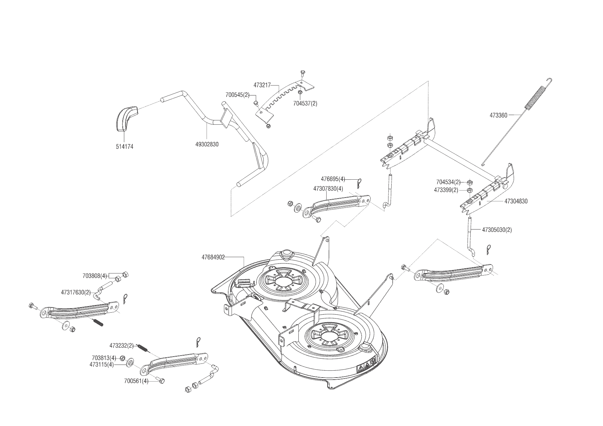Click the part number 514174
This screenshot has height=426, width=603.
coord(124,147)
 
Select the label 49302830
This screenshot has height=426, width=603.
coord(207,145)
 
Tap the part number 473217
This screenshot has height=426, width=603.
coord(262,85)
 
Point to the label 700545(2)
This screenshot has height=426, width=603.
coord(238,95)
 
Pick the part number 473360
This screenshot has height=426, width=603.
coord(498,115)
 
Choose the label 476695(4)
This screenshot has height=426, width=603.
coord(333,179)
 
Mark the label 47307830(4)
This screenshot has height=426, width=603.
coord(328,189)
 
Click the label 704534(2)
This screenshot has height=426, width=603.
coord(448,182)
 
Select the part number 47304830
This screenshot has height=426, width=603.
coord(516,201)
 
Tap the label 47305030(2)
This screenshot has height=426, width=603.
coord(497,230)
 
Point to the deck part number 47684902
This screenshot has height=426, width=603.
coord(213,257)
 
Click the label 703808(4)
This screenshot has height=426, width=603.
coord(95,276)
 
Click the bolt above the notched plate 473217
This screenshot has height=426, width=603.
coord(302,72)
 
